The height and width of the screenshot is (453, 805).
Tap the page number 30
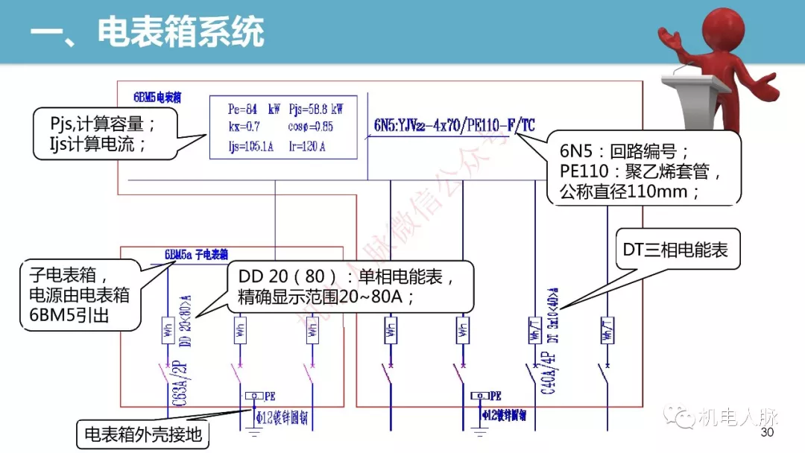pyautogui.click(x=767, y=434)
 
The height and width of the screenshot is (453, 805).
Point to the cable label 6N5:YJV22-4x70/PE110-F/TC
pyautogui.click(x=454, y=125)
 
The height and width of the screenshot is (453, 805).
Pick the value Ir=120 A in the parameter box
pyautogui.click(x=307, y=147)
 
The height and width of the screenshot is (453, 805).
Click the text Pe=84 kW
pyautogui.click(x=253, y=109)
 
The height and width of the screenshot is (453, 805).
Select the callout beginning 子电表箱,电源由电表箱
pyautogui.click(x=75, y=294)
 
